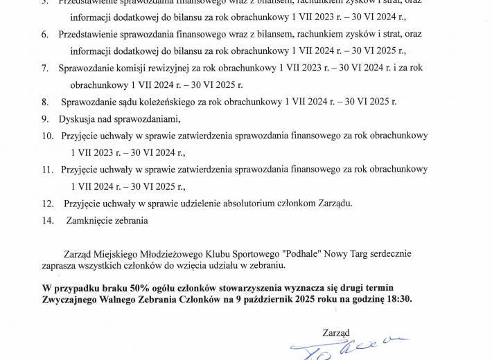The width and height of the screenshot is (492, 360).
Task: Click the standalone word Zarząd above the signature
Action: (x=336, y=332)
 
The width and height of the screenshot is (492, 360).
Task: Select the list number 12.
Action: (x=47, y=203)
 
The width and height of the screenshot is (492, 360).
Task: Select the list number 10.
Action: (x=47, y=136)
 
